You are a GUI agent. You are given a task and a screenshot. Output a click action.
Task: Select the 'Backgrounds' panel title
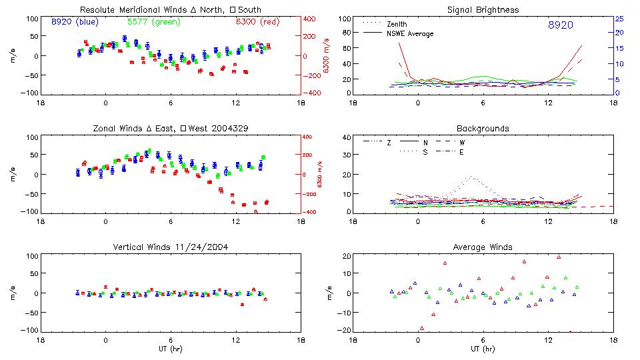[483, 128]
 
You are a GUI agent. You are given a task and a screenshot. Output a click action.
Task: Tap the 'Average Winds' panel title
[483, 247]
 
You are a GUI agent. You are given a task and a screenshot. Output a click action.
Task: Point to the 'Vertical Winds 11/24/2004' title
[171, 247]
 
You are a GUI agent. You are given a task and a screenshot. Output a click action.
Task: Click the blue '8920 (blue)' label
[75, 22]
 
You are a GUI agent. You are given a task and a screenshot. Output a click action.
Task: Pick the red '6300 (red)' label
[257, 22]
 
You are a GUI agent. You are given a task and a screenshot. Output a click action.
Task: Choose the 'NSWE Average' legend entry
[410, 33]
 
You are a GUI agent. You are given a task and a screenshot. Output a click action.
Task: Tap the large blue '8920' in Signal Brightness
[560, 25]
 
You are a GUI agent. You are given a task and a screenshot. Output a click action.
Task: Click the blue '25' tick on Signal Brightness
[619, 19]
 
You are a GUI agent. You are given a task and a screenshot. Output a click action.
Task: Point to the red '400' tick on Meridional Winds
[311, 19]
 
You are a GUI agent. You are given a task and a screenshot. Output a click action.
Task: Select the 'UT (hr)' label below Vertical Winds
[171, 349]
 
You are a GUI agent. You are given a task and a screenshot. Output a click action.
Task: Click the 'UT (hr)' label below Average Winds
[483, 349]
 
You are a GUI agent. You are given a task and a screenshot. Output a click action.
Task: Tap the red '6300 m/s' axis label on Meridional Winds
[327, 55]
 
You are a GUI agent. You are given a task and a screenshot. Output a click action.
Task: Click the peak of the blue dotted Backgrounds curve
[471, 177]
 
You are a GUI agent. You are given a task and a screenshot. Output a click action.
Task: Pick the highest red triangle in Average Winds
[559, 257]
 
